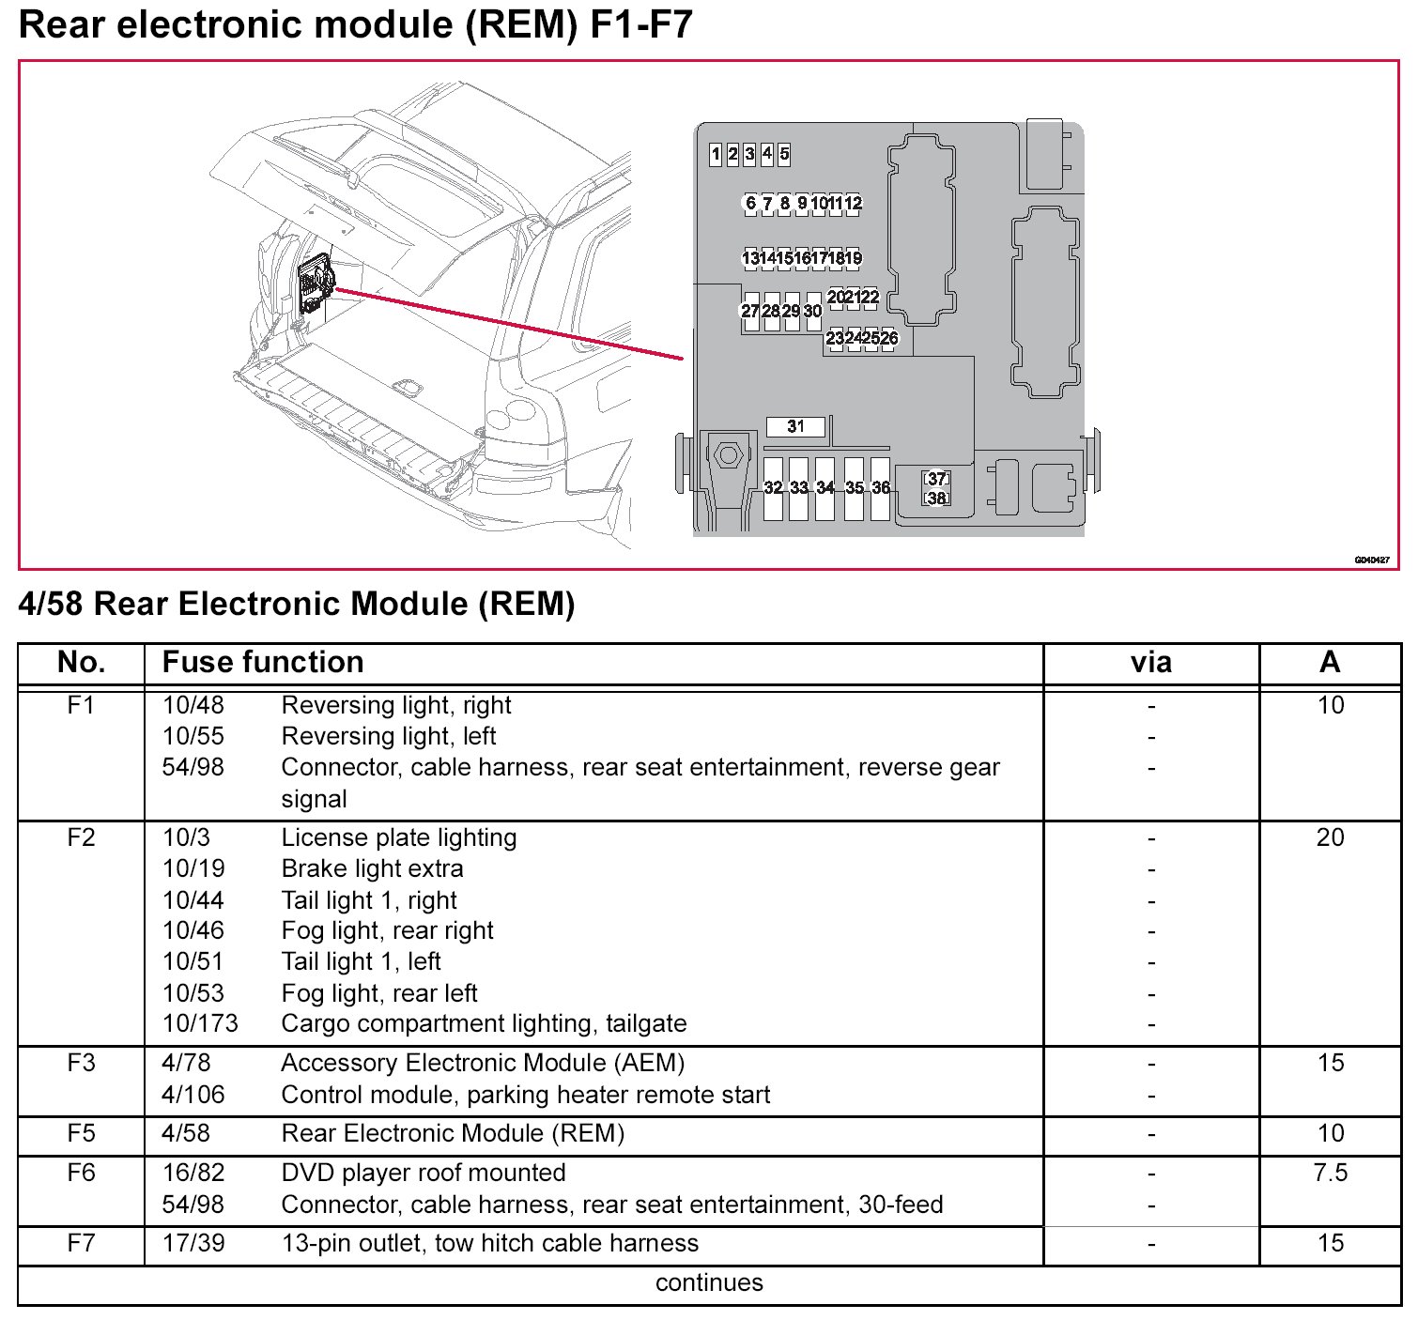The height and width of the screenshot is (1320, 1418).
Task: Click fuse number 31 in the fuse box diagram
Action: point(795,426)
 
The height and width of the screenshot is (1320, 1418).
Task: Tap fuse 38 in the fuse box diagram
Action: point(936,498)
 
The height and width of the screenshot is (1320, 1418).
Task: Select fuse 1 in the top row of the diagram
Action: point(716,154)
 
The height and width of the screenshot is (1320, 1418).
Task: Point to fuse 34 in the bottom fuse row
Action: point(825,488)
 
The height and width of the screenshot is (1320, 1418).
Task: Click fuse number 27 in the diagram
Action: point(750,311)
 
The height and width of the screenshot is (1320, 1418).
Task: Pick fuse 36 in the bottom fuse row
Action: point(881,488)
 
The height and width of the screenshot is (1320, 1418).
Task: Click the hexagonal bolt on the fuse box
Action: point(728,456)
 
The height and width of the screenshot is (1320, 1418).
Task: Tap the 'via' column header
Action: point(1150,663)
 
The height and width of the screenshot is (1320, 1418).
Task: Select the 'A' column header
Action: point(1329,663)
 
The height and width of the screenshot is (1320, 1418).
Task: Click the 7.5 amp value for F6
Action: point(1330,1173)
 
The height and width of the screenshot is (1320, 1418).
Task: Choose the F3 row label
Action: point(81,1063)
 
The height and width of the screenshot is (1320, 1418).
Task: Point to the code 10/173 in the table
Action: point(200,1023)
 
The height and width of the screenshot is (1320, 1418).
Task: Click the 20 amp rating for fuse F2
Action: point(1330,837)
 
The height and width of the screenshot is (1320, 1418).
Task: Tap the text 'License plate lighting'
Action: point(399,837)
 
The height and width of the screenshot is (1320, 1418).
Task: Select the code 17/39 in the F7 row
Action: point(193,1243)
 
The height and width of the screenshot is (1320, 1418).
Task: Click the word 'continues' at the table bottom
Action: point(709,1282)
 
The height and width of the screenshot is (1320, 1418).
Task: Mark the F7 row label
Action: point(81,1243)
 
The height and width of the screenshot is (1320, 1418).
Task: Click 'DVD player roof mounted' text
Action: point(424,1173)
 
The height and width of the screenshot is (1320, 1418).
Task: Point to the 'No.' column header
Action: point(81,663)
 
